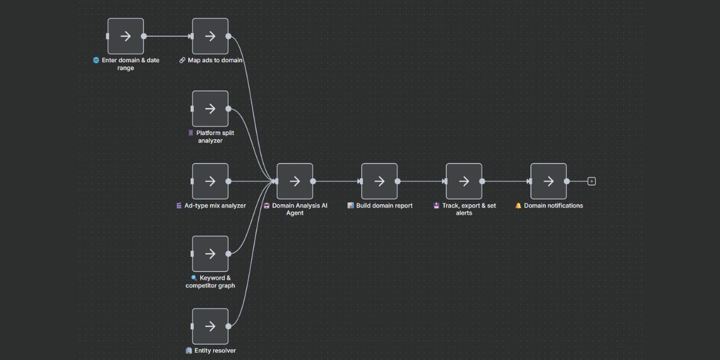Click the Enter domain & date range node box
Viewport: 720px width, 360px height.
pyautogui.click(x=125, y=36)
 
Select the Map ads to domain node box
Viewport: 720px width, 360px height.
pyautogui.click(x=210, y=36)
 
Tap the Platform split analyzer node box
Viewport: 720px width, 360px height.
pyautogui.click(x=210, y=109)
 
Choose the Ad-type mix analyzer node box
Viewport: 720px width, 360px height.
pyautogui.click(x=210, y=181)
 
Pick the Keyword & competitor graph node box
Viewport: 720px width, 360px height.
pyautogui.click(x=210, y=254)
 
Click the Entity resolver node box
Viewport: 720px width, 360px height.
pyautogui.click(x=210, y=326)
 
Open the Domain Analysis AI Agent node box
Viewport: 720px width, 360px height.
pyautogui.click(x=295, y=181)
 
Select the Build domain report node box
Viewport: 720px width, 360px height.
pyautogui.click(x=379, y=181)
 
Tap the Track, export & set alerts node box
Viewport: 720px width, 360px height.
pyautogui.click(x=464, y=181)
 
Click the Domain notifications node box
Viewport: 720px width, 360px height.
pyautogui.click(x=548, y=181)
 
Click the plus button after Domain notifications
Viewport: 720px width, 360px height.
pyautogui.click(x=592, y=181)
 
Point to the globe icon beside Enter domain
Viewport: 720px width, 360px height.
pyautogui.click(x=96, y=60)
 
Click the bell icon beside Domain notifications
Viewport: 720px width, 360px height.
pyautogui.click(x=518, y=205)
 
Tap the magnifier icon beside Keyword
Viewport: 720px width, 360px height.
pyautogui.click(x=194, y=278)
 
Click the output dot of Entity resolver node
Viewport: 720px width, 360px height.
pyautogui.click(x=228, y=326)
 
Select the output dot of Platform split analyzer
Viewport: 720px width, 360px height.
pyautogui.click(x=228, y=109)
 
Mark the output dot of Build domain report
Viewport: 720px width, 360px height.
pyautogui.click(x=397, y=181)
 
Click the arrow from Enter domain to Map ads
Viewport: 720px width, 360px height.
pyautogui.click(x=168, y=36)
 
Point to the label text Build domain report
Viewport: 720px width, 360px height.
pyautogui.click(x=385, y=205)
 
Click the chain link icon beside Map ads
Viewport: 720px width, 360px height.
pyautogui.click(x=182, y=60)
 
